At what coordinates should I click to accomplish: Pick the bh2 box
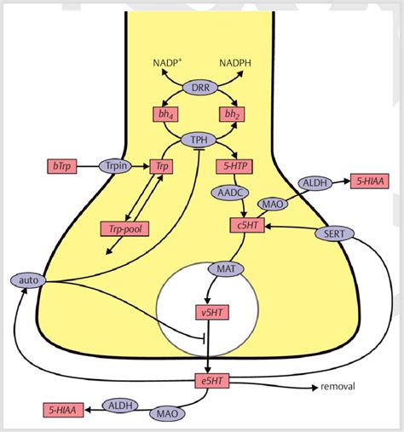click(x=231, y=114)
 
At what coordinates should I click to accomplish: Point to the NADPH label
click(x=235, y=64)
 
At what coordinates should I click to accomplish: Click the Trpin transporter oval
click(x=114, y=165)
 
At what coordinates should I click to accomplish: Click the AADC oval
click(x=229, y=193)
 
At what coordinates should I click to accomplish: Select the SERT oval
click(x=329, y=233)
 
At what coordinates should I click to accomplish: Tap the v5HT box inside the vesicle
click(x=208, y=312)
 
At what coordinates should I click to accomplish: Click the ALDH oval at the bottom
click(x=119, y=406)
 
